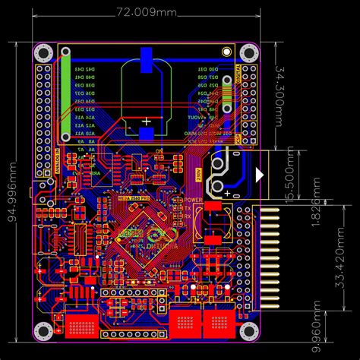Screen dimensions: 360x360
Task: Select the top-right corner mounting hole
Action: pos(247,52)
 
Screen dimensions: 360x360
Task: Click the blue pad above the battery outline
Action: pos(147,55)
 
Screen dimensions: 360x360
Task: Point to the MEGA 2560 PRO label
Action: pos(133,196)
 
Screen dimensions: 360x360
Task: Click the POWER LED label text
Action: pos(192,199)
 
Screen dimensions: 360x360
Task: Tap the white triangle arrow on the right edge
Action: pos(262,175)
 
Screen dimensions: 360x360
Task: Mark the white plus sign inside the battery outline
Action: pos(147,121)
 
